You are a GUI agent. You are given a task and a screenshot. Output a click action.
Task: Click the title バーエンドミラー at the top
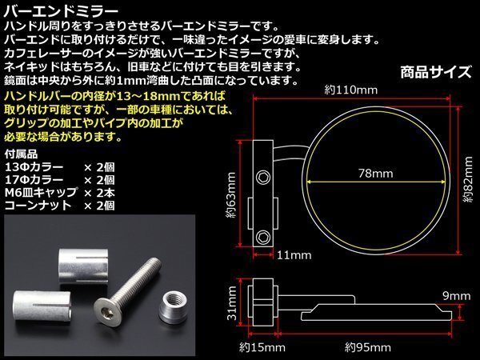click(61, 12)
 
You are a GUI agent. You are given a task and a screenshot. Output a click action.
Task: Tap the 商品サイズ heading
click(436, 73)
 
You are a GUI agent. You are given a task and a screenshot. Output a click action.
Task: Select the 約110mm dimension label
click(351, 90)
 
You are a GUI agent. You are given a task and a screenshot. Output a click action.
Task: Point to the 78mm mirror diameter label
click(376, 174)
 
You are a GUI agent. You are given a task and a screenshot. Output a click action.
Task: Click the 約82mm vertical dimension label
click(468, 179)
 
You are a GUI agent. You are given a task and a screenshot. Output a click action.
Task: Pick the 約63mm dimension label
click(231, 195)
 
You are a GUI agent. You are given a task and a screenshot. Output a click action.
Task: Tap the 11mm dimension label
click(294, 255)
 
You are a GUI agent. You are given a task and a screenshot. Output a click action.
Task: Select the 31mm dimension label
click(232, 303)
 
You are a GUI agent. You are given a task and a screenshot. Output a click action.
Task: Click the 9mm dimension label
click(457, 296)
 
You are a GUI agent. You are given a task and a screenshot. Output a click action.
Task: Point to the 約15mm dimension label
click(262, 347)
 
